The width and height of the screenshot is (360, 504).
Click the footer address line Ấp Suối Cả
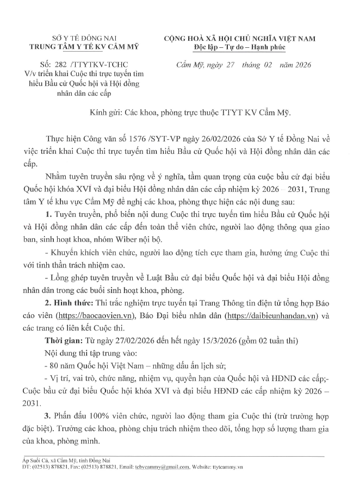71,459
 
